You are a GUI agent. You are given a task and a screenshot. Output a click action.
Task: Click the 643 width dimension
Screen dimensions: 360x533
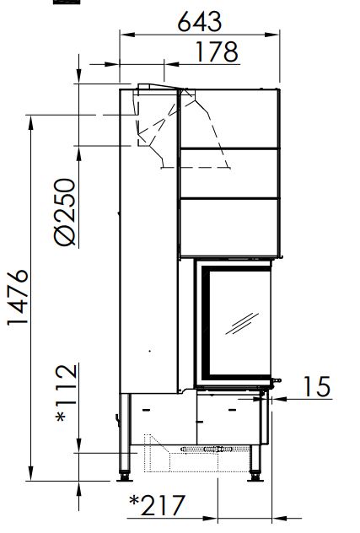(200, 22)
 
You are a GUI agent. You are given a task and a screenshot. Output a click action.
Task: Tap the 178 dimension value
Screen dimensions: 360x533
(217, 51)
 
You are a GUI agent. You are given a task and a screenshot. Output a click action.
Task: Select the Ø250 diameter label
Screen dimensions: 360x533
(65, 212)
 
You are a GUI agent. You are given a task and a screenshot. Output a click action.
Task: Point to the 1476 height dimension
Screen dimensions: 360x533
(18, 298)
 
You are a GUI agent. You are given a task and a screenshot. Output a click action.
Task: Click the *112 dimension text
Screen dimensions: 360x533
(67, 393)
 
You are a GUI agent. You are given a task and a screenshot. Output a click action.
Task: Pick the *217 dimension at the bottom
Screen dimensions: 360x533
(158, 505)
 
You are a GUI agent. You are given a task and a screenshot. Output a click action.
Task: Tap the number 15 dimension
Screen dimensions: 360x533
(316, 386)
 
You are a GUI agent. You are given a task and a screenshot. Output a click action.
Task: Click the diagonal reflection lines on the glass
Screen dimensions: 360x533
(242, 324)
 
